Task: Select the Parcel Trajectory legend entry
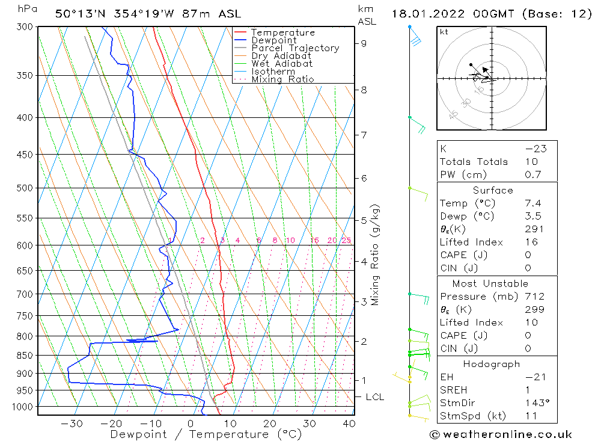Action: [x=295, y=48]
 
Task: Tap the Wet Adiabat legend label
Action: [x=282, y=64]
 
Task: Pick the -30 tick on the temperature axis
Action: [x=72, y=423]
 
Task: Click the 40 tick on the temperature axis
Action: [x=349, y=423]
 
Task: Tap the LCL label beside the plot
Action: [x=374, y=397]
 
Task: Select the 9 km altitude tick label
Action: [x=364, y=43]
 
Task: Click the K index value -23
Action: [x=535, y=149]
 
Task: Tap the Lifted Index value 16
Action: [x=531, y=242]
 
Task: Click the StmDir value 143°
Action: [x=536, y=402]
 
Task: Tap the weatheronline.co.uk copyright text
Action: [x=501, y=434]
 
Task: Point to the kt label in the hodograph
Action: [x=444, y=32]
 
